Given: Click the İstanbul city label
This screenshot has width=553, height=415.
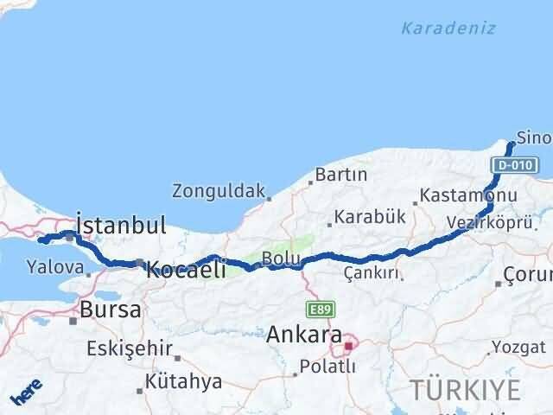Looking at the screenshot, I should [x=121, y=227].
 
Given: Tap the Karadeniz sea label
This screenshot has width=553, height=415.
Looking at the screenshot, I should [x=448, y=29].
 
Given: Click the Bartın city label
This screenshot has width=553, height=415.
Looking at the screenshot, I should [x=341, y=175].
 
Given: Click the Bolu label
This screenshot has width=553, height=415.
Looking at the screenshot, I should [x=281, y=259].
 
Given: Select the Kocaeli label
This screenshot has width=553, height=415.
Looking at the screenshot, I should [x=186, y=270].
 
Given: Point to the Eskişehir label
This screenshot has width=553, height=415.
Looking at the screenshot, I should [x=129, y=349].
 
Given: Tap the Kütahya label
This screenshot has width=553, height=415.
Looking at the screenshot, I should [x=184, y=381].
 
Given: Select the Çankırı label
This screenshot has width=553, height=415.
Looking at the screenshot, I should [x=372, y=273].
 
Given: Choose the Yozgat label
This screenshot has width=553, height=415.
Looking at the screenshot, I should [x=518, y=348].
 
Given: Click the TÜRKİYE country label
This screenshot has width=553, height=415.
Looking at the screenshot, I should [x=466, y=391].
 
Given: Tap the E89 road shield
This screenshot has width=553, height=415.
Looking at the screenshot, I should [x=319, y=309].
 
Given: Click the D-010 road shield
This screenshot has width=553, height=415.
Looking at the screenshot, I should [x=515, y=164].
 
